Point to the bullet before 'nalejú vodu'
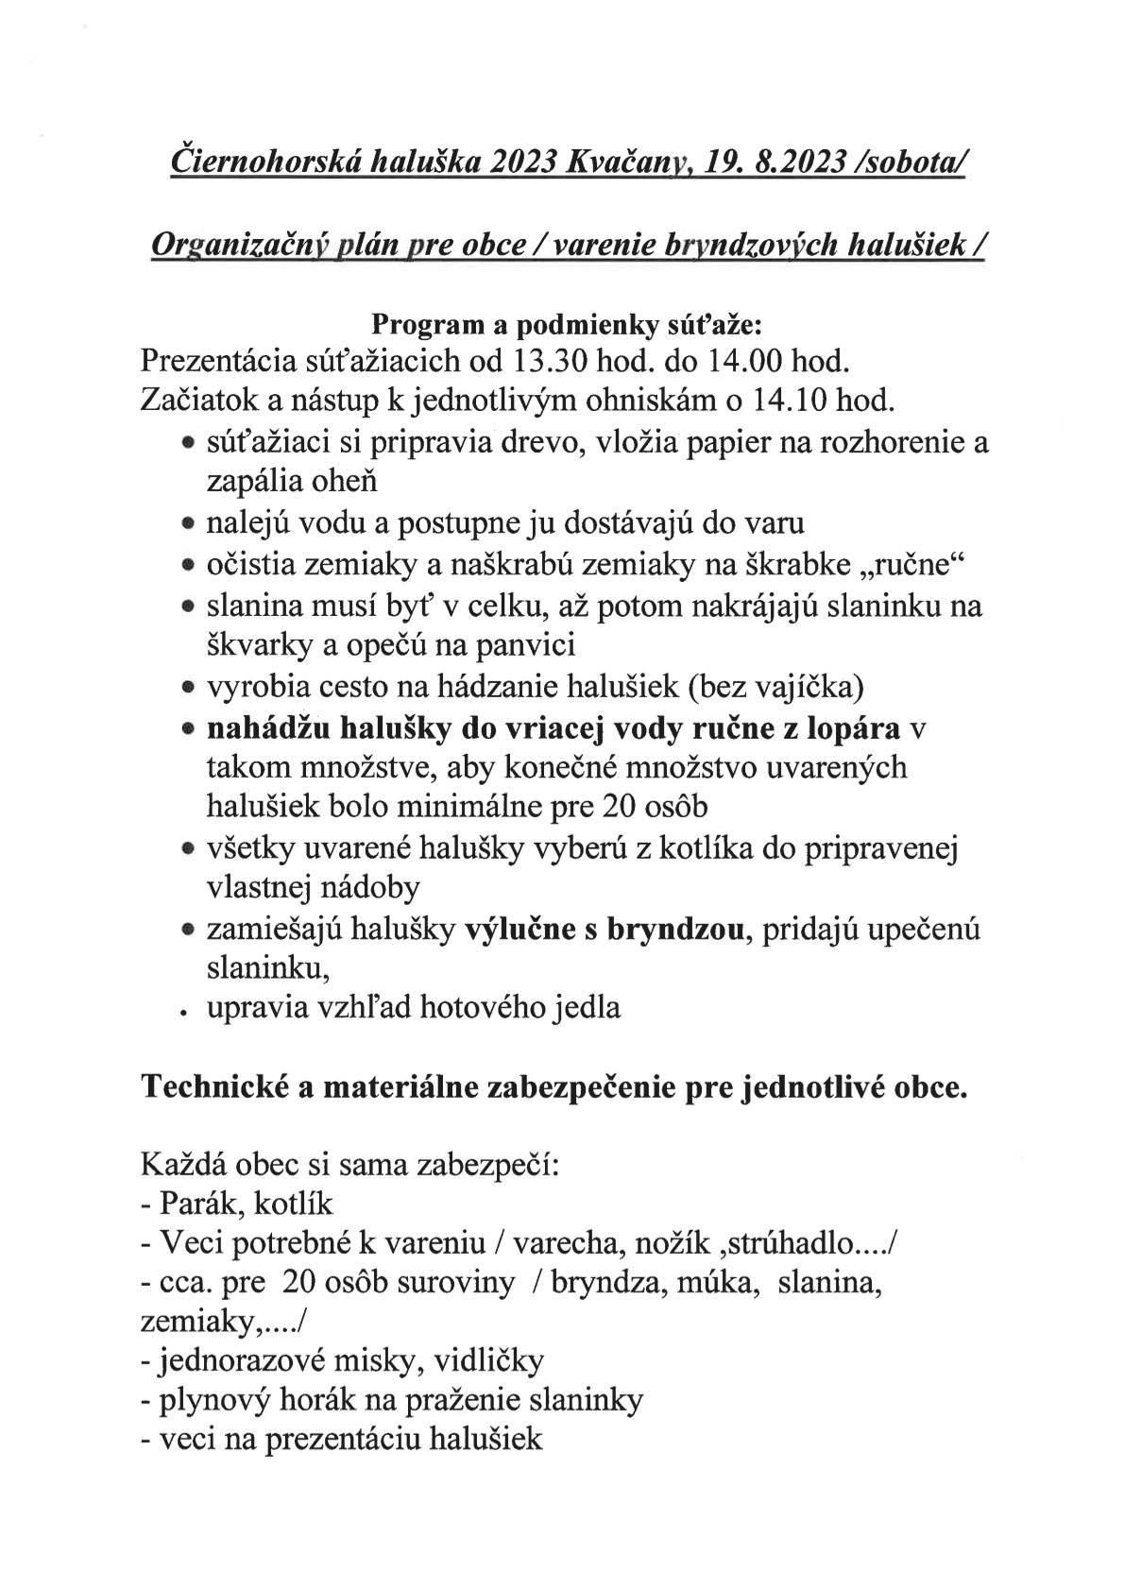[189, 523]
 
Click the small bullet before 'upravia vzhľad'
[189, 1012]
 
